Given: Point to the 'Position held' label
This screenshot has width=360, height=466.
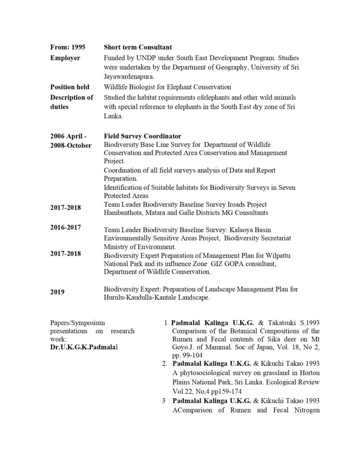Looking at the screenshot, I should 70,87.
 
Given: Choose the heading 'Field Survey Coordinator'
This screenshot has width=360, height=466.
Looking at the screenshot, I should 142,136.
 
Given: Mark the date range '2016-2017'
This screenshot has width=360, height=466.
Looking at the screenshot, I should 66,228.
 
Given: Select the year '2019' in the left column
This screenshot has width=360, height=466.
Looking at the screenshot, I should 58,292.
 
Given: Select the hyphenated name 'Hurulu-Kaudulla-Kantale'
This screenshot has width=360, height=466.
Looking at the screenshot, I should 139,298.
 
